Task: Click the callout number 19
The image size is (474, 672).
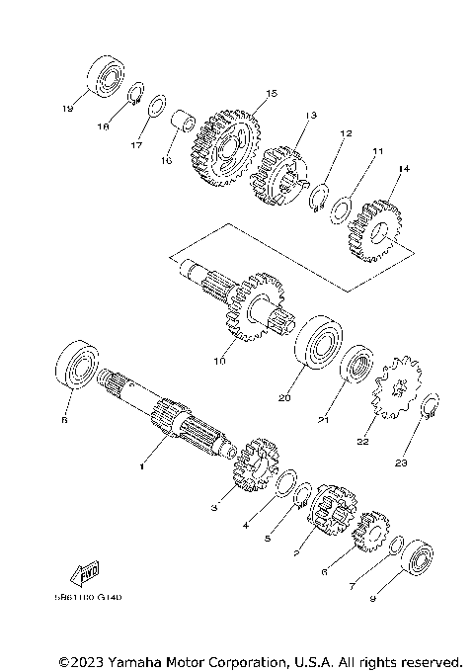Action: [68, 108]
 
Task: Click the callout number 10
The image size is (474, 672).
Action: [220, 361]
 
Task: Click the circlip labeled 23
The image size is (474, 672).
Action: [431, 407]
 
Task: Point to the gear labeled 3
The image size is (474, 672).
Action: [253, 468]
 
